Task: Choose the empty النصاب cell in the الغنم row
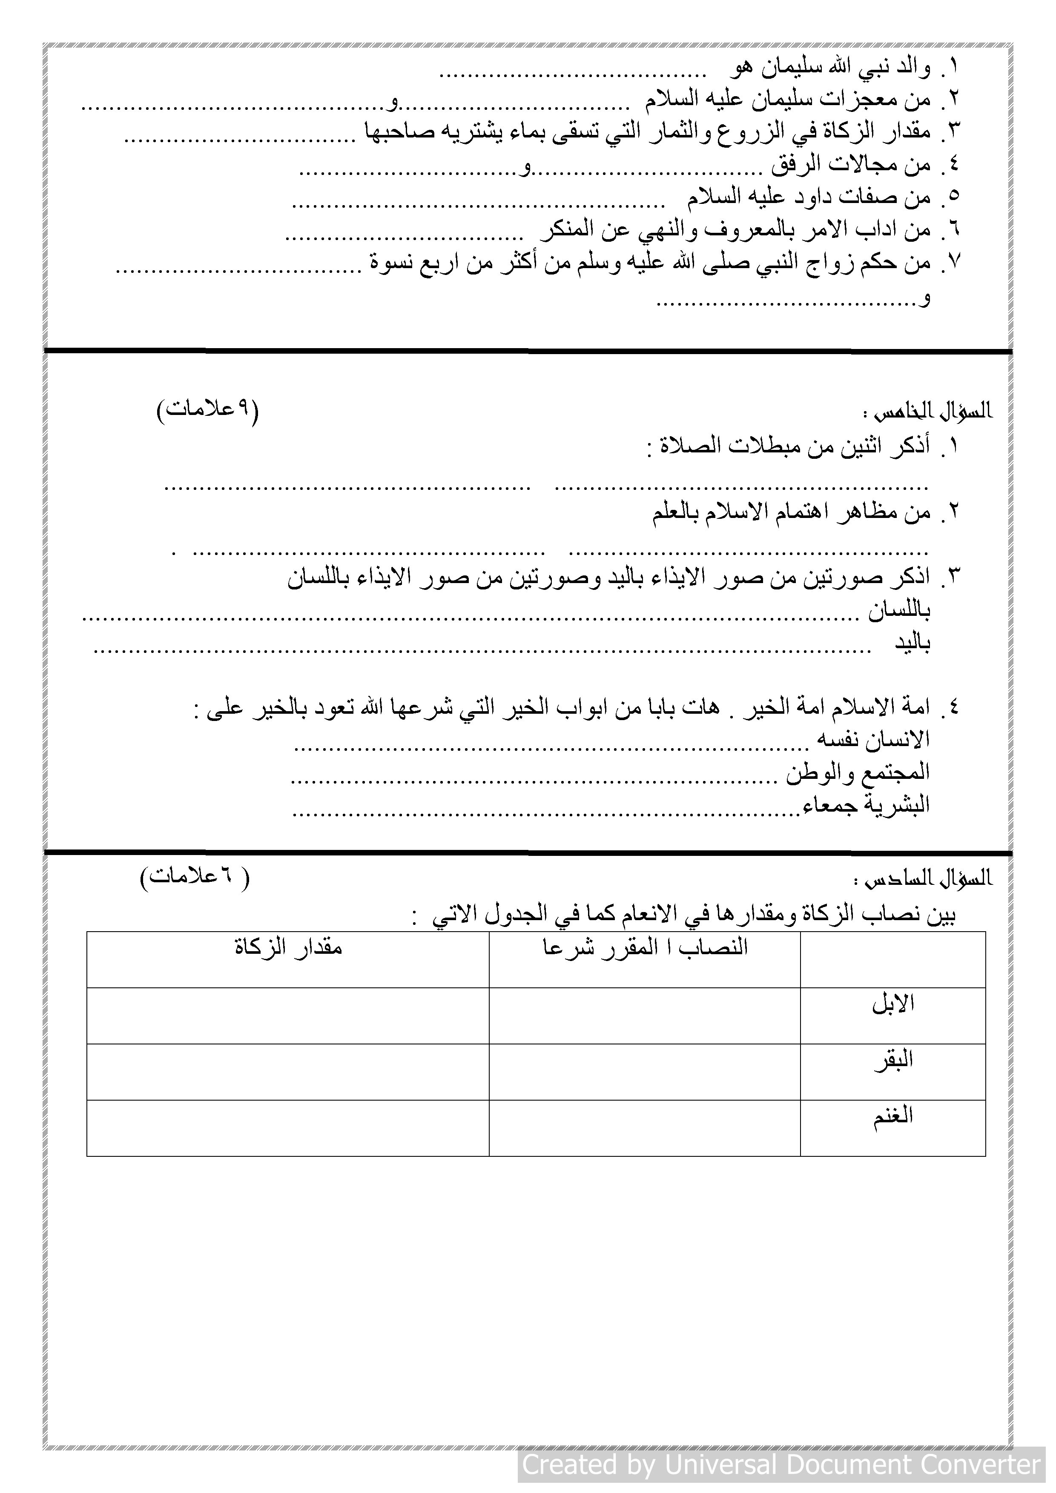point(644,1128)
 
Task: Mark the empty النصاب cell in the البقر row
point(644,1072)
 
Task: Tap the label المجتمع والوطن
point(858,772)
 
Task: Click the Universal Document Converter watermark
point(781,1464)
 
